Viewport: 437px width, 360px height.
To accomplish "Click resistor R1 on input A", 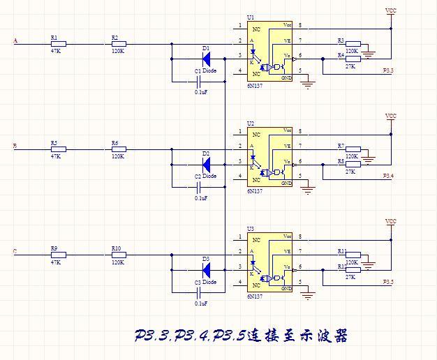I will tap(57, 43).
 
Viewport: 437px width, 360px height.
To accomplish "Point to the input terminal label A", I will tap(15, 41).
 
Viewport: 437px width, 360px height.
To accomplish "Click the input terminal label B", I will tap(15, 147).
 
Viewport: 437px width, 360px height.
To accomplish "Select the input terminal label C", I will tap(15, 252).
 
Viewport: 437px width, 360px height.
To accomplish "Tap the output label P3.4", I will tap(388, 176).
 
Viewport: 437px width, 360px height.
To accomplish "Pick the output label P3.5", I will tap(388, 281).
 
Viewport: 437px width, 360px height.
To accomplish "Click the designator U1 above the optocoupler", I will tap(251, 17).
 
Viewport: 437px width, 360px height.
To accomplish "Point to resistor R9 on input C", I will tap(57, 254).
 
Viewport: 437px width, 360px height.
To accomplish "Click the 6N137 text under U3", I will tap(255, 297).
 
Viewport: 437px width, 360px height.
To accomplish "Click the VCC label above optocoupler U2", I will tap(391, 116).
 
